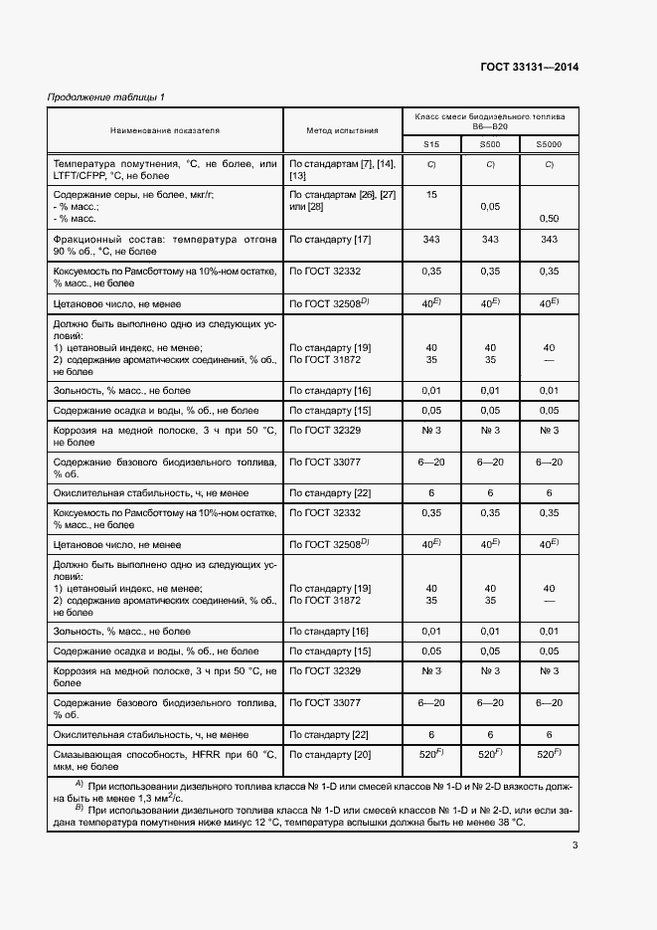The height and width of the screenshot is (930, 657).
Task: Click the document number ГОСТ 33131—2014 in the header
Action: coord(529,68)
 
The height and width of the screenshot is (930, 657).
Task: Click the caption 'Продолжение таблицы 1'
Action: coord(107,96)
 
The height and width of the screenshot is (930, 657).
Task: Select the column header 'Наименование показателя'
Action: coord(165,130)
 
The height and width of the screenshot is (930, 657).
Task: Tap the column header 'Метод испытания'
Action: coord(342,130)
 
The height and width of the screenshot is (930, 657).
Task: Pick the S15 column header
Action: coord(431,145)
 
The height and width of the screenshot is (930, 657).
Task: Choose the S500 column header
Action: coord(490,145)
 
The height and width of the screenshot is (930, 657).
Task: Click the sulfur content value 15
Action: coord(431,195)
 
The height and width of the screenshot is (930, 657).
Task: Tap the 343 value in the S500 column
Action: coord(490,240)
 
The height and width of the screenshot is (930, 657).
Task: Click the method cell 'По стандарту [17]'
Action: coord(330,240)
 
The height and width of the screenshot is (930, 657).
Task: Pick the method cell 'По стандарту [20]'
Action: coord(330,755)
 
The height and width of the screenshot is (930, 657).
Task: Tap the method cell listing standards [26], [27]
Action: coord(342,201)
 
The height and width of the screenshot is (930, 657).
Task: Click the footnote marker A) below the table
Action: coord(79,785)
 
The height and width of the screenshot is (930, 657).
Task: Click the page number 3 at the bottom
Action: coord(575,846)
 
